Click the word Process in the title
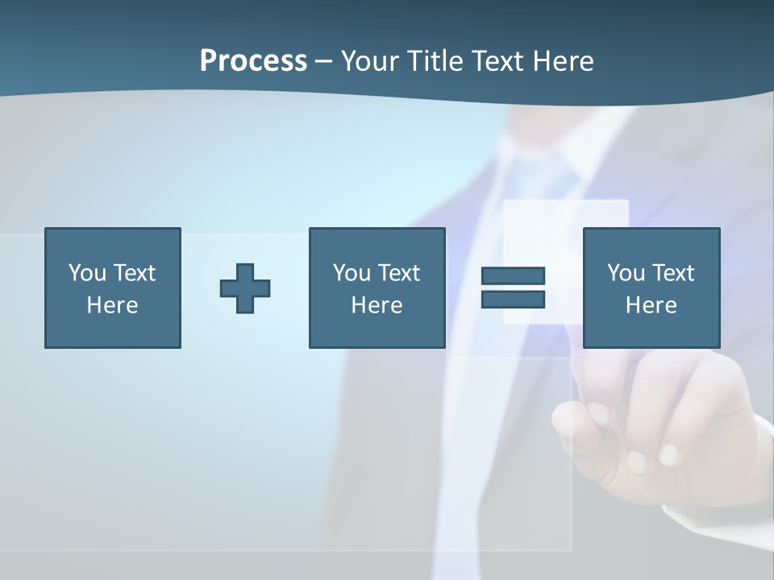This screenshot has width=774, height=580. [253, 60]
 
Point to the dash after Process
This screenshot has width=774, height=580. [323, 61]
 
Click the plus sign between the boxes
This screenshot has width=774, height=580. [245, 288]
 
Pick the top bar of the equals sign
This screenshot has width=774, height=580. [513, 275]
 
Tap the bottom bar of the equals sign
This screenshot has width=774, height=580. [513, 299]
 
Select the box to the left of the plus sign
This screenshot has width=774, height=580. [113, 288]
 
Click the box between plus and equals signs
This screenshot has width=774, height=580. [377, 288]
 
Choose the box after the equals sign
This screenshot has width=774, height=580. [651, 288]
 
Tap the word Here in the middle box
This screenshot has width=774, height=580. [377, 305]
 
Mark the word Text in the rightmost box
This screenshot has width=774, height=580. [672, 273]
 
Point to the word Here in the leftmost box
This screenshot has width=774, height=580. [113, 305]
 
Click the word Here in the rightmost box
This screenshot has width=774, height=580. [651, 305]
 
